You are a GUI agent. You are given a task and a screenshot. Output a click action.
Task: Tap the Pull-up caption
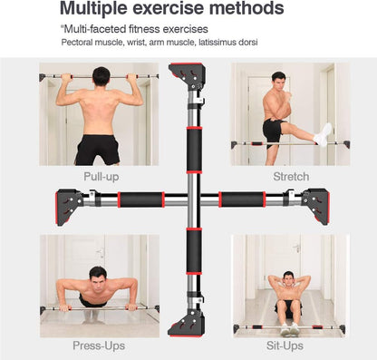(x=101, y=176)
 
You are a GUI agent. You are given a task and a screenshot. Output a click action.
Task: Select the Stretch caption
(x=290, y=176)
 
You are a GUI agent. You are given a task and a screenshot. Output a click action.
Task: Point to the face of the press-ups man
(x=97, y=276)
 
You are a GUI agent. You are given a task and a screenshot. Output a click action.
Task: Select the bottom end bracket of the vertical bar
(x=192, y=321)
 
